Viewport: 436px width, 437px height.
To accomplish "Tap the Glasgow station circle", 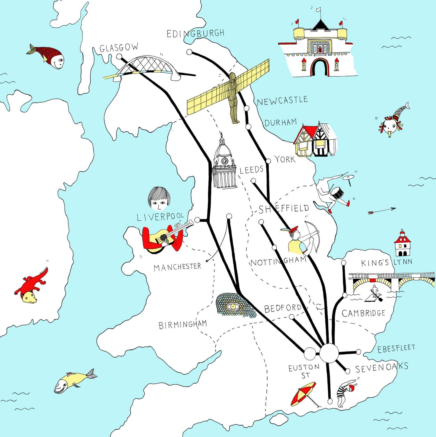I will (x=119, y=56).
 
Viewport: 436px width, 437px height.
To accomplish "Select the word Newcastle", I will (x=282, y=101).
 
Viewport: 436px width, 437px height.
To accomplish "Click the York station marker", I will (x=268, y=161).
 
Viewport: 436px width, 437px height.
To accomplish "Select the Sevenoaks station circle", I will (x=348, y=371).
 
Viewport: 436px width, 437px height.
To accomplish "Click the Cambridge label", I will (x=363, y=313).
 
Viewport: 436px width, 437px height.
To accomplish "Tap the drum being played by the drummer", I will (x=337, y=193).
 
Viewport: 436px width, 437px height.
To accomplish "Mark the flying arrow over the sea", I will (x=382, y=210).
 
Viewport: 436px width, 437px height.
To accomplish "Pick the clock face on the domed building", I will (x=224, y=161).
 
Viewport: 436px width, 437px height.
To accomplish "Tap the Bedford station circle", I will (x=292, y=317).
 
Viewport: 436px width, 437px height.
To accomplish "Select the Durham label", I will (x=280, y=123).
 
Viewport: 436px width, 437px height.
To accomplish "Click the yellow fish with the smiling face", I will (x=73, y=381).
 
